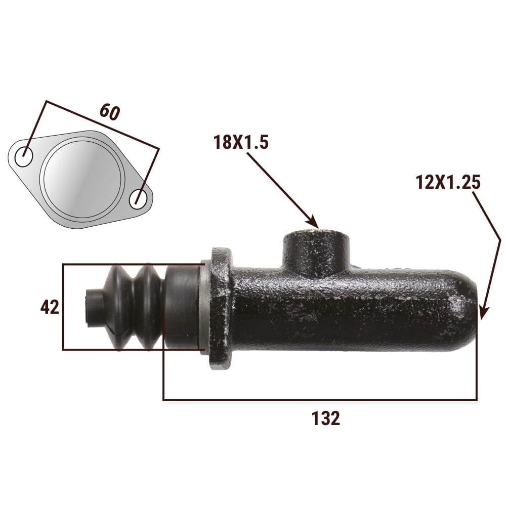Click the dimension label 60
[110, 112]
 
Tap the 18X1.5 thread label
[241, 142]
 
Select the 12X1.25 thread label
[448, 182]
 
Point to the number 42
[50, 307]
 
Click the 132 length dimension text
[326, 418]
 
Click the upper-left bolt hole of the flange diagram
[24, 156]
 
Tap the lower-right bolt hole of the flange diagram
[139, 199]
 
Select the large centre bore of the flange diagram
[82, 180]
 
